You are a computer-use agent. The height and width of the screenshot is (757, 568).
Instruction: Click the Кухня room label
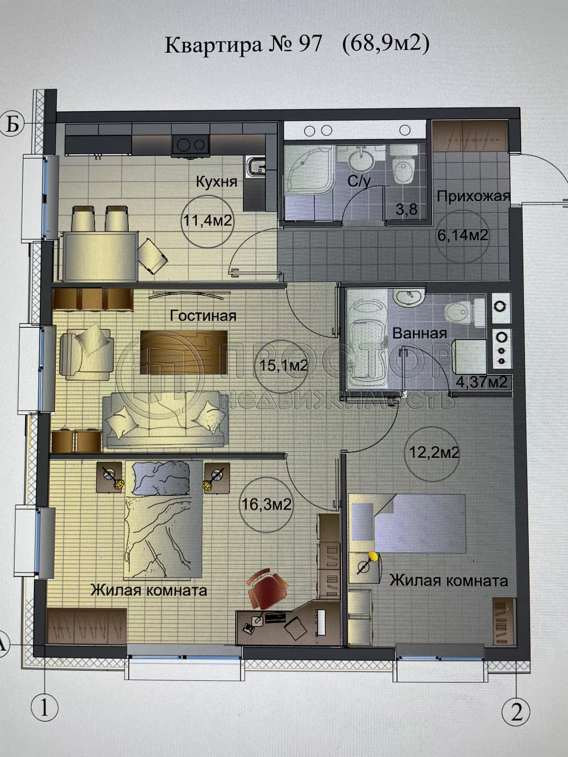[x=216, y=182]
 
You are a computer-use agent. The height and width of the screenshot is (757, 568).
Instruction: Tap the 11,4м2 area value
[x=207, y=220]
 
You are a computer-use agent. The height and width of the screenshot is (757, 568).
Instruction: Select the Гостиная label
[x=203, y=316]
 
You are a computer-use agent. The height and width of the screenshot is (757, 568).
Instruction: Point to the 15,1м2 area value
[x=284, y=365]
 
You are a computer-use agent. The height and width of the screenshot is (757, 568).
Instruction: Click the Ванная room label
[x=419, y=333]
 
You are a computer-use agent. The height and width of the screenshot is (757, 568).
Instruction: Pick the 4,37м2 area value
[x=481, y=382]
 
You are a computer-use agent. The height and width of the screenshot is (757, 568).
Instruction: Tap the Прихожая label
[x=473, y=196]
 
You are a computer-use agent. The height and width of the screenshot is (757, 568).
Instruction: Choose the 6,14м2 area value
[x=462, y=235]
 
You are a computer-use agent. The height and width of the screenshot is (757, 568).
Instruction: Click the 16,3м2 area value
[x=266, y=504]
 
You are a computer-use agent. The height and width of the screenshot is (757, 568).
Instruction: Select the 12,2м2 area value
[x=434, y=453]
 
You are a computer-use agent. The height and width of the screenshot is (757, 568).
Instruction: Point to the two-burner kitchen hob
[x=190, y=144]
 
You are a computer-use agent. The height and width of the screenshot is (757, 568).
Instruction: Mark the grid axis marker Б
[x=12, y=124]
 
